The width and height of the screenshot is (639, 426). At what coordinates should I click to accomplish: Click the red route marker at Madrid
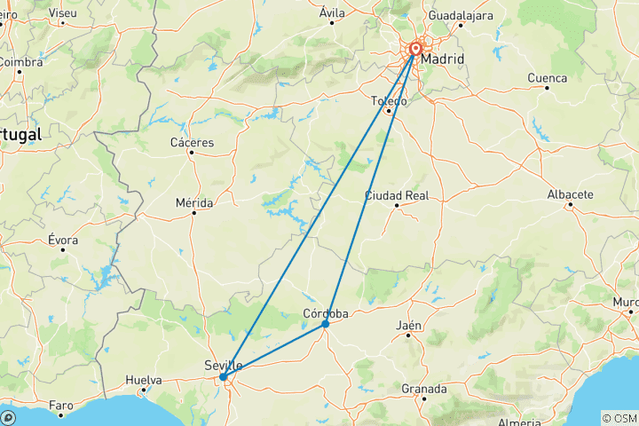415,50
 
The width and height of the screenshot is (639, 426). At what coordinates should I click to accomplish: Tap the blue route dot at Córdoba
326,324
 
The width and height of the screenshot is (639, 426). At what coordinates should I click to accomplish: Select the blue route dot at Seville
223,377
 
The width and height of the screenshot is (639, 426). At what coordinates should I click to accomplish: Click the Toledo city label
389,101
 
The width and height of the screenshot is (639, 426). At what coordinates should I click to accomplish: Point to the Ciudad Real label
397,194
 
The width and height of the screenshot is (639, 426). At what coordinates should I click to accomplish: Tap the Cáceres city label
192,142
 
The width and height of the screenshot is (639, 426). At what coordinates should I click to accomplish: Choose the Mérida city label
193,203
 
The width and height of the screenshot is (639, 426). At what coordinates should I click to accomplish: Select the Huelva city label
144,380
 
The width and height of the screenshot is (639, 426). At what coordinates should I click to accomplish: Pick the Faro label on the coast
60,406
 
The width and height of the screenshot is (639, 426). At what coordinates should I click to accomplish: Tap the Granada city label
423,389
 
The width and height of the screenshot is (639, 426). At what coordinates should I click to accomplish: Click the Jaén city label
409,326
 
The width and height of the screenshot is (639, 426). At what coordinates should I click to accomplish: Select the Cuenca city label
547,78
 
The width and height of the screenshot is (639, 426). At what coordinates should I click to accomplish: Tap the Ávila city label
332,12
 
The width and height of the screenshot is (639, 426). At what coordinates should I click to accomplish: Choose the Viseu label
63,13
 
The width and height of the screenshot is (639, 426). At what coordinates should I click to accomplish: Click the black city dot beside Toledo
388,111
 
